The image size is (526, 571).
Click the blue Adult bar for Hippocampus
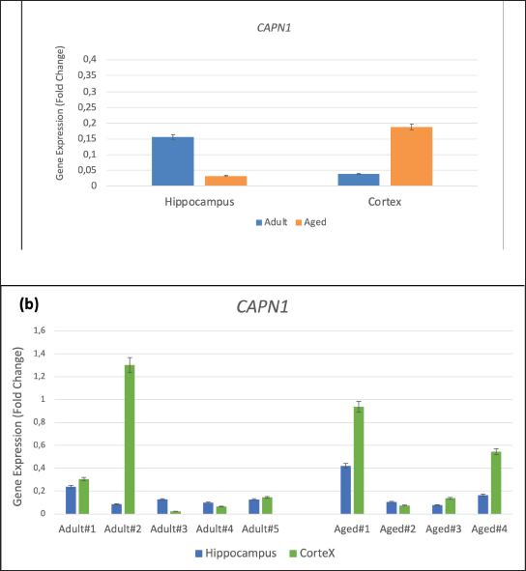coord(173,161)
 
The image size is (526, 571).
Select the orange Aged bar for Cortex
coord(412,157)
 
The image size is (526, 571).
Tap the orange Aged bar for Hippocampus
coord(225,181)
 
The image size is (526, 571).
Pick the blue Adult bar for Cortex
coord(359,180)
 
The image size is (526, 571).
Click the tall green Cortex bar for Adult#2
coord(130,440)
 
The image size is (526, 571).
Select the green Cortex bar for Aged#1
coord(359,460)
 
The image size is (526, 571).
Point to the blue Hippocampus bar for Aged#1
coord(345,490)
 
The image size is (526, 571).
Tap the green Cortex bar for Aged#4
coord(496,483)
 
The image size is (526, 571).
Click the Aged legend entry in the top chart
coord(310,222)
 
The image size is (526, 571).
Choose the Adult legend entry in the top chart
coord(272,222)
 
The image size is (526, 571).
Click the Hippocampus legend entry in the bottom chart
coord(236,554)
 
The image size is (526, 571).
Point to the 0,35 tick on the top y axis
coord(87,75)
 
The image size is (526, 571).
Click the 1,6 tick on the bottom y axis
coord(40,330)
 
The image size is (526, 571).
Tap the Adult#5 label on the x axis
coord(260,528)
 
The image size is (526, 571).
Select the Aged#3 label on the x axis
coord(443,528)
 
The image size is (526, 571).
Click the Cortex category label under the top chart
coord(385,202)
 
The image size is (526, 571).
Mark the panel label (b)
coord(29,304)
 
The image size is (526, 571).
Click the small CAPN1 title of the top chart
coord(274,28)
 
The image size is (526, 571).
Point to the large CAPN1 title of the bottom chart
coord(262,306)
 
